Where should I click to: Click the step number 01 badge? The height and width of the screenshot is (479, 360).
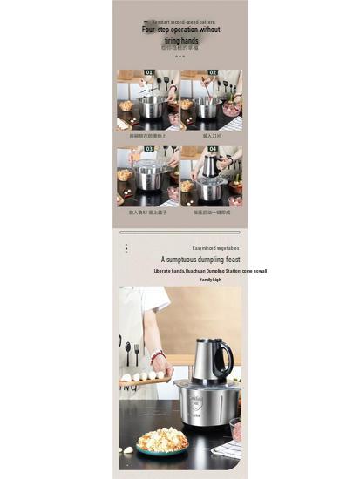[x=149, y=73]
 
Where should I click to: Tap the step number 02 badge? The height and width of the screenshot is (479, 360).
[x=212, y=73]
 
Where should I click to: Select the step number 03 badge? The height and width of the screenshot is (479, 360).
[x=149, y=149]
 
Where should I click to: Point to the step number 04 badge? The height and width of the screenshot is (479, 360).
[x=212, y=149]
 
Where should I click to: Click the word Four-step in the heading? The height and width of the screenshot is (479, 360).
[x=157, y=30]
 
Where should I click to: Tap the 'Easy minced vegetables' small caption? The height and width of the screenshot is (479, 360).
[x=215, y=247]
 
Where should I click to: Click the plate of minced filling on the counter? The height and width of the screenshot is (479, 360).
[x=162, y=440]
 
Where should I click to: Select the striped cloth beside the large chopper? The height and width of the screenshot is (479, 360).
[x=228, y=448]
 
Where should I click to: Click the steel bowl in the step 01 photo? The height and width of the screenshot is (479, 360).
[x=152, y=107]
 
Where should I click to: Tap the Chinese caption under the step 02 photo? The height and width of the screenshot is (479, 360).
[x=211, y=136]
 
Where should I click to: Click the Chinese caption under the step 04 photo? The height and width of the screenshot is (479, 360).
[x=211, y=212]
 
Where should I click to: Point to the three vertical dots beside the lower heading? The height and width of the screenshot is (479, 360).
[x=126, y=248]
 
